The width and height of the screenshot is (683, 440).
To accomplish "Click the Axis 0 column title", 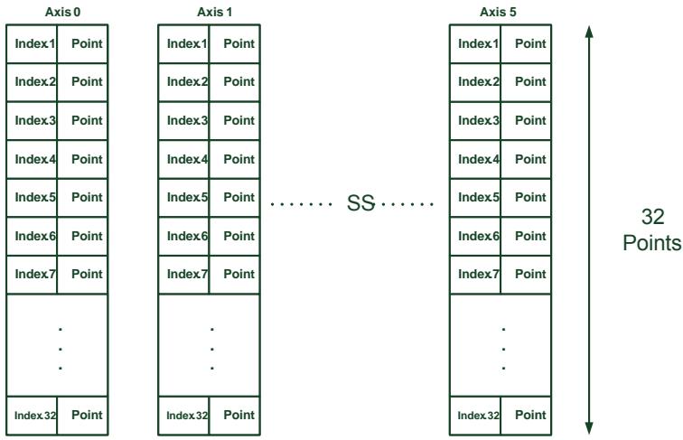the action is [62, 12].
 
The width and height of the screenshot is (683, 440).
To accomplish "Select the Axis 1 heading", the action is [214, 12].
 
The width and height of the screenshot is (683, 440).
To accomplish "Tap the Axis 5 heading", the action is [498, 12].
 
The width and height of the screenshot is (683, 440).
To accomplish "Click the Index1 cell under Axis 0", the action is [32, 44].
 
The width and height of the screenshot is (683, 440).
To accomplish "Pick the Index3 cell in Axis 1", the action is [183, 121].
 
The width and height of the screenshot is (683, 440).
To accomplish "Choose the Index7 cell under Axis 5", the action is [475, 275].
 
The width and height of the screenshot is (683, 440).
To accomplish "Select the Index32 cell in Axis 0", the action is [32, 416].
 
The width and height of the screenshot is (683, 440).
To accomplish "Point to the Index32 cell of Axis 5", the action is [475, 416].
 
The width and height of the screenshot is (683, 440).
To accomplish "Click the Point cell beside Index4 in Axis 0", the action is [82, 159].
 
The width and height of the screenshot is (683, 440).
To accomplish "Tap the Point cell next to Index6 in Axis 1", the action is [234, 236].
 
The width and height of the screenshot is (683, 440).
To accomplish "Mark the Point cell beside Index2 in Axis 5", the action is [526, 82].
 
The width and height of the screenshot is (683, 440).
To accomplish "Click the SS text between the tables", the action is [360, 203].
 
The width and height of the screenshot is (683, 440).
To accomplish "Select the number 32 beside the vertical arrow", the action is [652, 217].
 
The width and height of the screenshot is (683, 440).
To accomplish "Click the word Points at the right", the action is [652, 243].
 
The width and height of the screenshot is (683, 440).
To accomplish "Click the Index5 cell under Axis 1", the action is [183, 198].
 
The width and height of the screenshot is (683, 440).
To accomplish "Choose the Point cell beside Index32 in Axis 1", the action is [234, 416].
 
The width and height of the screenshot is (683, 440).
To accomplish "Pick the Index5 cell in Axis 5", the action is [475, 198].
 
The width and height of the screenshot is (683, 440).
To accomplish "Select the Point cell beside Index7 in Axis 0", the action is [82, 275].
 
